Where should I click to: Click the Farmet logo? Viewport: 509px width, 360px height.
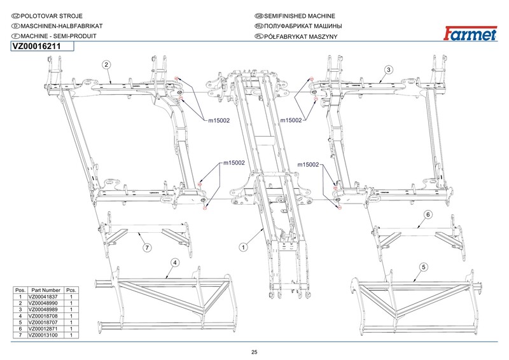pyautogui.click(x=470, y=34)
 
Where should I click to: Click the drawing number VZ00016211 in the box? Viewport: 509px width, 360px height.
pyautogui.click(x=36, y=46)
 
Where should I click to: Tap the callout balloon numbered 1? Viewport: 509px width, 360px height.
pyautogui.click(x=244, y=247)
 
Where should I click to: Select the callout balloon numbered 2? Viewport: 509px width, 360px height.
pyautogui.click(x=106, y=65)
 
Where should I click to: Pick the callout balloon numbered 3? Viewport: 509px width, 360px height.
pyautogui.click(x=389, y=69)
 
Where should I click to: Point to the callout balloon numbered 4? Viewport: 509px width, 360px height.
pyautogui.click(x=175, y=263)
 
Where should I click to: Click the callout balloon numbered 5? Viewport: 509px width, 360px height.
pyautogui.click(x=424, y=267)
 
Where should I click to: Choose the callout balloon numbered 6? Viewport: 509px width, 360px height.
pyautogui.click(x=428, y=214)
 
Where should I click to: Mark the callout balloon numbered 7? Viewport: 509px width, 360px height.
pyautogui.click(x=147, y=248)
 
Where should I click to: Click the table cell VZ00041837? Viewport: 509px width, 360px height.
pyautogui.click(x=43, y=296)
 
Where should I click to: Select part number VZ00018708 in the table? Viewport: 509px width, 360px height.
pyautogui.click(x=43, y=316)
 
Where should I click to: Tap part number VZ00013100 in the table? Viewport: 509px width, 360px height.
pyautogui.click(x=43, y=335)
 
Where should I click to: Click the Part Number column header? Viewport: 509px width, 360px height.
pyautogui.click(x=46, y=290)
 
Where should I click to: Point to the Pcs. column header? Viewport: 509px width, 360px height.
pyautogui.click(x=71, y=290)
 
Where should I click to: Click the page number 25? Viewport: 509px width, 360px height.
pyautogui.click(x=254, y=352)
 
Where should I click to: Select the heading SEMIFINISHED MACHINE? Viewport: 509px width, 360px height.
pyautogui.click(x=299, y=16)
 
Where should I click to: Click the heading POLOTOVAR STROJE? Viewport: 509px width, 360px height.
pyautogui.click(x=52, y=16)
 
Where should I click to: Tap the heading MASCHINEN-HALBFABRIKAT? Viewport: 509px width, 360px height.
pyautogui.click(x=62, y=26)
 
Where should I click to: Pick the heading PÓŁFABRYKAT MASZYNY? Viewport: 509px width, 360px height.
pyautogui.click(x=300, y=36)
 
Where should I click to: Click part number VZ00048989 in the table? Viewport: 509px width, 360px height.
pyautogui.click(x=43, y=309)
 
